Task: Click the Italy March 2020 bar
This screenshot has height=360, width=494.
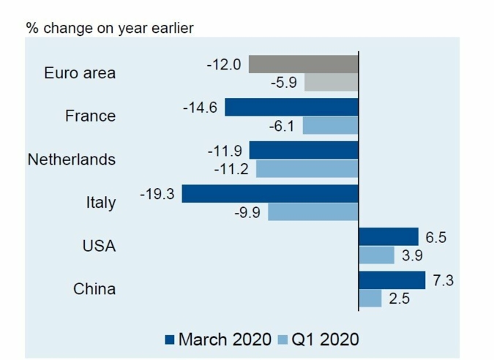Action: (270, 194)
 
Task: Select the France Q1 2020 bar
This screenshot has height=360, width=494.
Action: (330, 126)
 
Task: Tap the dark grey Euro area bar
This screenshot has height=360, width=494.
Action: (303, 64)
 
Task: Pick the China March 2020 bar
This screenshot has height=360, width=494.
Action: (392, 280)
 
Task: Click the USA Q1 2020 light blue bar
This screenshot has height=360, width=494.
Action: (377, 255)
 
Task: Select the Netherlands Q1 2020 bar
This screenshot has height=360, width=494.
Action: (307, 169)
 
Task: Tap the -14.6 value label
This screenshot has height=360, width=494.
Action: (200, 108)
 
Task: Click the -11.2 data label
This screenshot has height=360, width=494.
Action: (231, 169)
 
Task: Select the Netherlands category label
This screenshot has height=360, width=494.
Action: (72, 159)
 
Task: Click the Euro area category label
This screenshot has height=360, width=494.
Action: (80, 73)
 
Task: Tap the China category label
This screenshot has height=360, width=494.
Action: (94, 288)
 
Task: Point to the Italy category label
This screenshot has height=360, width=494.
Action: (100, 202)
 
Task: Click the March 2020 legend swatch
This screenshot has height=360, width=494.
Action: (170, 340)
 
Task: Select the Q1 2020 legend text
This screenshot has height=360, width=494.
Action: (326, 340)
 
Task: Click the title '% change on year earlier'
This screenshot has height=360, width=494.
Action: (110, 29)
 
